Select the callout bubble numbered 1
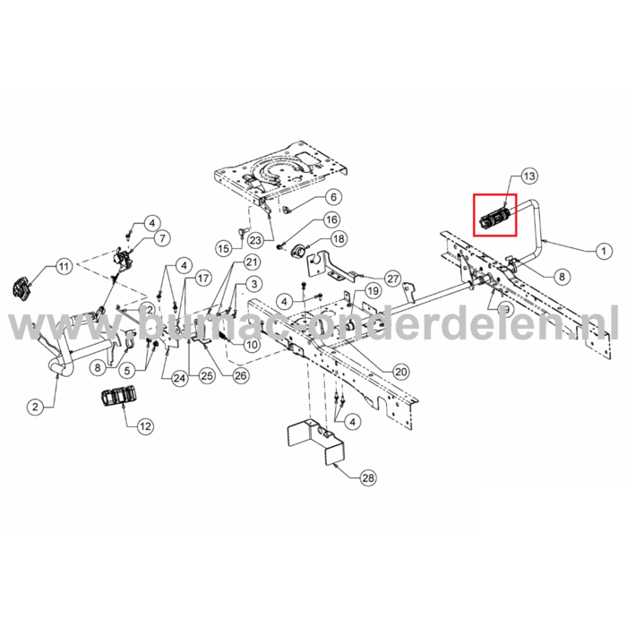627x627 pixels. (603, 253)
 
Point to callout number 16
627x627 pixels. (331, 219)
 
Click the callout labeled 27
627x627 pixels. (392, 278)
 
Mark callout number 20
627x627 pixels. (400, 371)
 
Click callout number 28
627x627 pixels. (367, 478)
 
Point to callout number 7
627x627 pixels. (161, 239)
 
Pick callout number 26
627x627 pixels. (240, 376)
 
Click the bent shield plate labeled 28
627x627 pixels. (313, 439)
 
